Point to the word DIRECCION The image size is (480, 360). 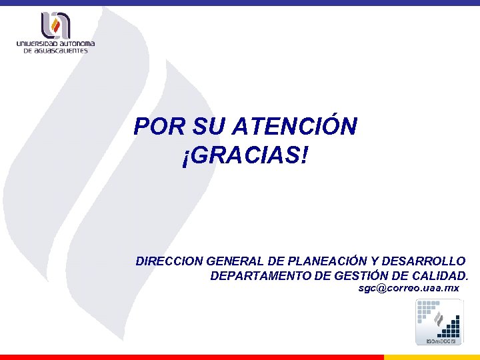[x=169, y=261]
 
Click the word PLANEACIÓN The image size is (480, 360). [x=324, y=261]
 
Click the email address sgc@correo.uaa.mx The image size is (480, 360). [x=409, y=288]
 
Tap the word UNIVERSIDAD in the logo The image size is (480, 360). [x=39, y=44]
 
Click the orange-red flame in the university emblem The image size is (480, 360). [x=57, y=27]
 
